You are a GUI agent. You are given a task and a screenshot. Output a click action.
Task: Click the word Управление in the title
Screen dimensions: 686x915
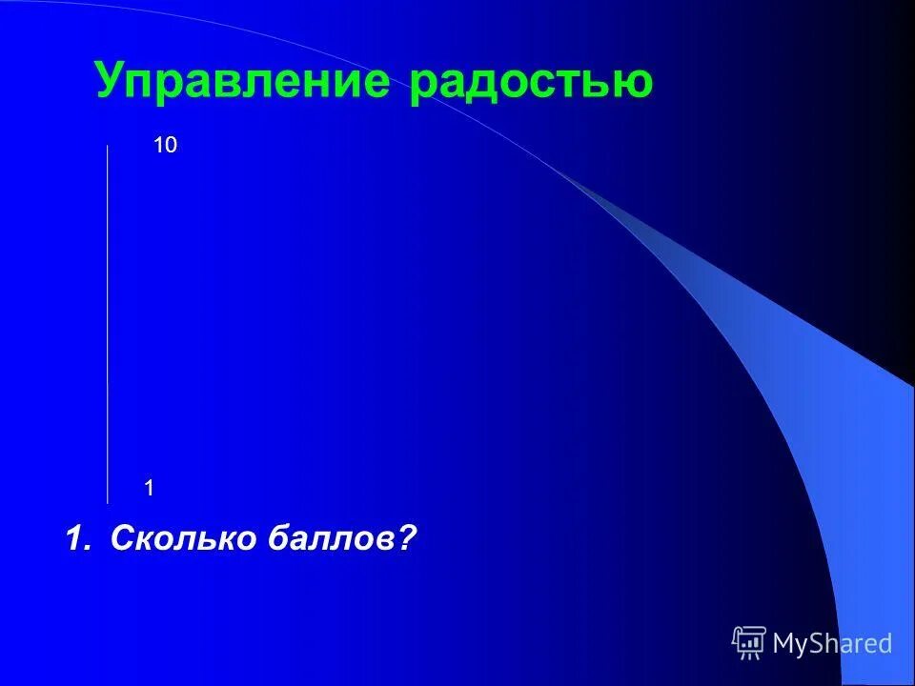242,82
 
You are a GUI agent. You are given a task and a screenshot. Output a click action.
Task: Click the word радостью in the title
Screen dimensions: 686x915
532,82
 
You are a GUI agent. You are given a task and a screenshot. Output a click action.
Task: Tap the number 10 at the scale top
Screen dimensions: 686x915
166,146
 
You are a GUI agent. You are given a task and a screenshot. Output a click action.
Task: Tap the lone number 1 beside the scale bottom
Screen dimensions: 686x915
150,488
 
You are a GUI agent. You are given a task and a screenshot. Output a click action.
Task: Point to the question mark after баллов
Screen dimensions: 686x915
408,538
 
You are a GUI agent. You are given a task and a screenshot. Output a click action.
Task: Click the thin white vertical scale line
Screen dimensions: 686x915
108,324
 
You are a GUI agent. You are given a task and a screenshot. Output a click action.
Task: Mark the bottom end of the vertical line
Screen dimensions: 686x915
108,501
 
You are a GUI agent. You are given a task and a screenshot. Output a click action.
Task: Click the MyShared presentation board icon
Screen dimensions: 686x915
749,643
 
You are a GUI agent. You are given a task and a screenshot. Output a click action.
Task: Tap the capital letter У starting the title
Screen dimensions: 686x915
110,82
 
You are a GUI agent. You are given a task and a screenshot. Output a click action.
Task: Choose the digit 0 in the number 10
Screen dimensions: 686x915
172,146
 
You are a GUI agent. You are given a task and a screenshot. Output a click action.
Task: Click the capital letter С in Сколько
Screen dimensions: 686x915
122,538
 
